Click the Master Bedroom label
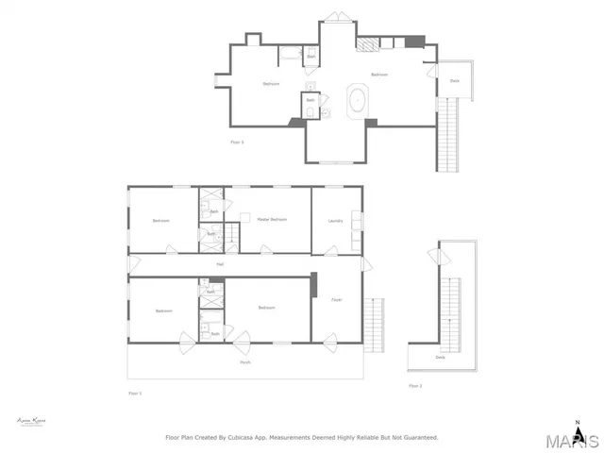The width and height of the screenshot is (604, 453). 272,220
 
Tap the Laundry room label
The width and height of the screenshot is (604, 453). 335,221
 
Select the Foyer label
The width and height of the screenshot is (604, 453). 336,300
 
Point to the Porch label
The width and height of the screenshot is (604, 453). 244,362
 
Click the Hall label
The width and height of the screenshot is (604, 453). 220,264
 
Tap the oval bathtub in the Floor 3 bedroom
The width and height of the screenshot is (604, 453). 359,100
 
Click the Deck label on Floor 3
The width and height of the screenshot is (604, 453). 454,81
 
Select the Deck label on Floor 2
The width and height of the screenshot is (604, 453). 441,358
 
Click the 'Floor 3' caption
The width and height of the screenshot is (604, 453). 238,142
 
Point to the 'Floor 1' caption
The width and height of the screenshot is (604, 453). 134,393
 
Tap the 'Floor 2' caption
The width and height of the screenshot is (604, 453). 415,386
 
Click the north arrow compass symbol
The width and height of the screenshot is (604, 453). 578,424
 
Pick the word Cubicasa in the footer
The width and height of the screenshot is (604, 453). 249,438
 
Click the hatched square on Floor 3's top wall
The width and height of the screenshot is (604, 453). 362,42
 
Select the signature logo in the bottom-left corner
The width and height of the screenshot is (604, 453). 32,422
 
